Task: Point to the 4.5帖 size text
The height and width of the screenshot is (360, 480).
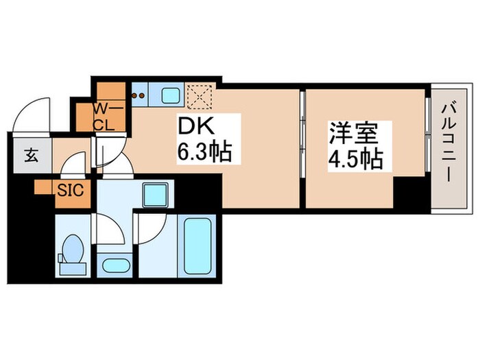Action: pos(355,159)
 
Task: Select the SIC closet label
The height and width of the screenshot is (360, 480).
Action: pos(71,190)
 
